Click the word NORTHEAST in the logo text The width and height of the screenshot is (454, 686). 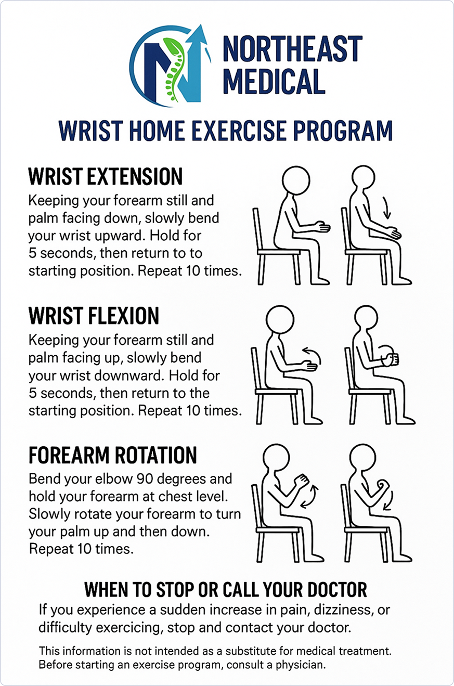tap(293, 49)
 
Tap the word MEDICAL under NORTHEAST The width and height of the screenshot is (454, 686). tap(274, 81)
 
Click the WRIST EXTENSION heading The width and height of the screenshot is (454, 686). tap(106, 176)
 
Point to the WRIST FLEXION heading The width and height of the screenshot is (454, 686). tap(94, 316)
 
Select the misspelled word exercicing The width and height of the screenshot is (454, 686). tap(128, 628)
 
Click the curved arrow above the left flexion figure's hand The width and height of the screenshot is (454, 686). tap(312, 355)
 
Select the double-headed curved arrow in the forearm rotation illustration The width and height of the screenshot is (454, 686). tap(310, 497)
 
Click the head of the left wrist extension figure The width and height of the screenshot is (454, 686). tap(295, 180)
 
